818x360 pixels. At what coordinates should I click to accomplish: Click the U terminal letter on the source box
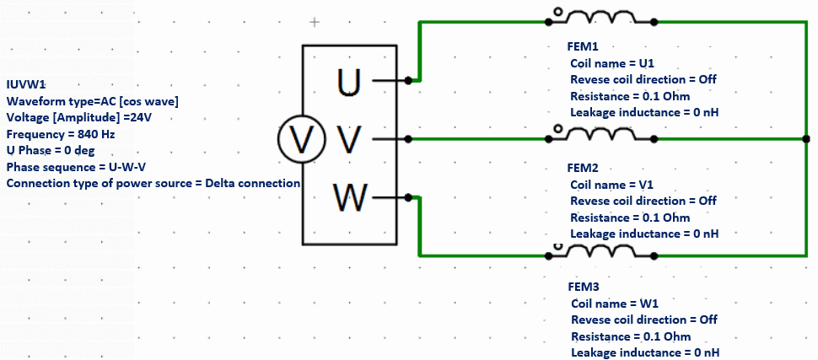point(349,81)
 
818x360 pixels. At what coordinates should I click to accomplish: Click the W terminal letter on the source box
point(349,198)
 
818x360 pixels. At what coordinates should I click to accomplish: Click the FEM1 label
point(582,47)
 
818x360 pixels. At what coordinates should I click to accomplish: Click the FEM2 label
point(582,169)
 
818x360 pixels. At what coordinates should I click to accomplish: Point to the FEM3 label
point(582,287)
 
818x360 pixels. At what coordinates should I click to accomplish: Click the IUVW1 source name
point(24,84)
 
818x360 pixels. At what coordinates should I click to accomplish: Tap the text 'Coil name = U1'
point(612,63)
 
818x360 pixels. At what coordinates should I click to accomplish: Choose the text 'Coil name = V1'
point(612,185)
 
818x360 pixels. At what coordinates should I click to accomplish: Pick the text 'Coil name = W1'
point(613,303)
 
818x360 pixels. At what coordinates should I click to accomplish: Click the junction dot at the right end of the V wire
point(806,138)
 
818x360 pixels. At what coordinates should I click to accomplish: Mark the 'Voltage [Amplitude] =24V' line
point(79,118)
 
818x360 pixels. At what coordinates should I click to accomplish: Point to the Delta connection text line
point(153,183)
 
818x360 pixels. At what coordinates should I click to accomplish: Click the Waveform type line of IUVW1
point(92,101)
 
